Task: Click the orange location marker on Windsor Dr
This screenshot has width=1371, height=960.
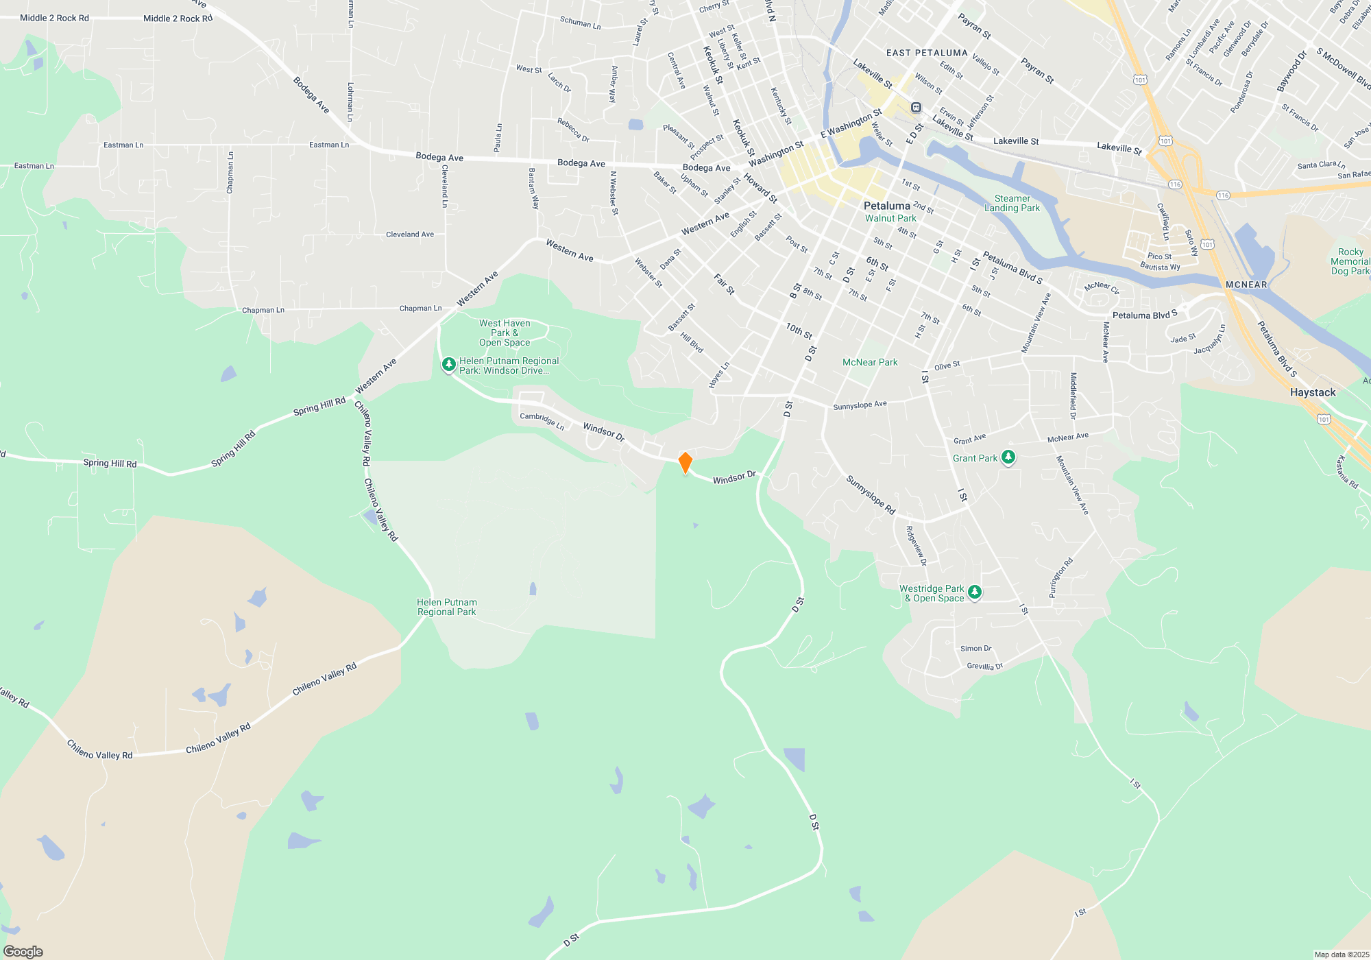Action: pyautogui.click(x=685, y=462)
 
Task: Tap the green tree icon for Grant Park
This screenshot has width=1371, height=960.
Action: pyautogui.click(x=1008, y=457)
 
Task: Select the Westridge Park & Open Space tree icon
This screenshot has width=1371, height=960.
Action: pyautogui.click(x=974, y=592)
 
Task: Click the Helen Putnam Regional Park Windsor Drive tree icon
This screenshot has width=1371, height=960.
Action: pyautogui.click(x=448, y=364)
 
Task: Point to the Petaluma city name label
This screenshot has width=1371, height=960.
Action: pyautogui.click(x=886, y=206)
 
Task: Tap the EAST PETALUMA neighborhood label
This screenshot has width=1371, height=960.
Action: pyautogui.click(x=927, y=53)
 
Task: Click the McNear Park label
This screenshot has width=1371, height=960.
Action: pyautogui.click(x=869, y=362)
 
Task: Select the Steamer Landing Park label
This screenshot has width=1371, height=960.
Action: pyautogui.click(x=1012, y=203)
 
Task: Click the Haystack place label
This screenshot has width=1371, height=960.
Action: pyautogui.click(x=1312, y=392)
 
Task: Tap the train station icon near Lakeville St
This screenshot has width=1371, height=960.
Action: pyautogui.click(x=916, y=108)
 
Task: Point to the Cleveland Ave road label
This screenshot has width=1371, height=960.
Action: pyautogui.click(x=409, y=235)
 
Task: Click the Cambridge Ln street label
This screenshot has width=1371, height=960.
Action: pyautogui.click(x=542, y=420)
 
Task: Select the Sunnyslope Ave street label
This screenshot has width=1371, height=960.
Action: pyautogui.click(x=860, y=405)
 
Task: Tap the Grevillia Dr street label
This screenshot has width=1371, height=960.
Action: pyautogui.click(x=984, y=666)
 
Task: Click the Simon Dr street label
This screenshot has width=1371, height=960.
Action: pyautogui.click(x=975, y=648)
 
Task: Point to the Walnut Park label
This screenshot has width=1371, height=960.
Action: pyautogui.click(x=890, y=218)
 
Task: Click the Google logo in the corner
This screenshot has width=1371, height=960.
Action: pyautogui.click(x=23, y=951)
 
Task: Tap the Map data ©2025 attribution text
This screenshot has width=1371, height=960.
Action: pyautogui.click(x=1341, y=955)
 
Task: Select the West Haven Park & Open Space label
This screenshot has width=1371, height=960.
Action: pyautogui.click(x=505, y=333)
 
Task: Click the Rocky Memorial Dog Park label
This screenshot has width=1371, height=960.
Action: pyautogui.click(x=1350, y=261)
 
